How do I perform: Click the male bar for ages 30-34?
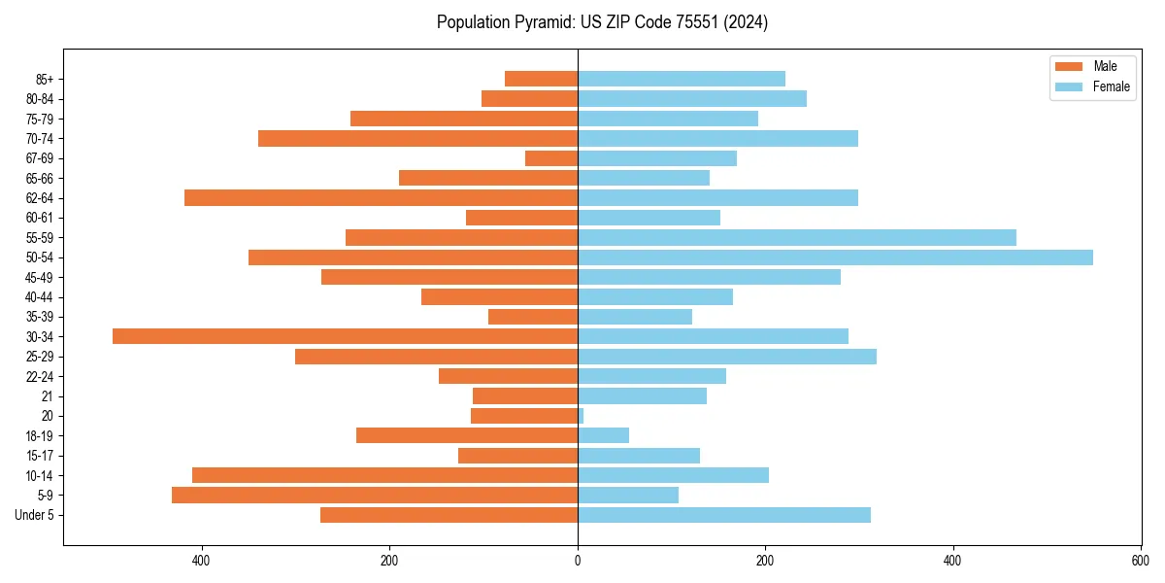pyautogui.click(x=345, y=336)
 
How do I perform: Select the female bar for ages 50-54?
pyautogui.click(x=835, y=257)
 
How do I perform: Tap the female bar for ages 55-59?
pyautogui.click(x=796, y=237)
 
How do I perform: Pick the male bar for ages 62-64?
pyautogui.click(x=381, y=198)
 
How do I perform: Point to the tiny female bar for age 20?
pyautogui.click(x=581, y=416)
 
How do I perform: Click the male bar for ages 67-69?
pyautogui.click(x=551, y=158)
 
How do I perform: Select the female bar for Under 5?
pyautogui.click(x=723, y=515)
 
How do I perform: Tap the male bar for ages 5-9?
pyautogui.click(x=374, y=496)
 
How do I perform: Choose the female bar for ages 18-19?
pyautogui.click(x=603, y=435)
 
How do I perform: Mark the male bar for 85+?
pyautogui.click(x=541, y=79)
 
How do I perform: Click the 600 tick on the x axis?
pyautogui.click(x=1140, y=561)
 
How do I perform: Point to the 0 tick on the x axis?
pyautogui.click(x=578, y=561)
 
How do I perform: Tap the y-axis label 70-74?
pyautogui.click(x=40, y=139)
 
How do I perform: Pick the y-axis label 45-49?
pyautogui.click(x=40, y=278)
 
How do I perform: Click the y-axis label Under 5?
pyautogui.click(x=35, y=516)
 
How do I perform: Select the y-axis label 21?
pyautogui.click(x=48, y=396)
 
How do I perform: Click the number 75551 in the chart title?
pyautogui.click(x=681, y=22)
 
